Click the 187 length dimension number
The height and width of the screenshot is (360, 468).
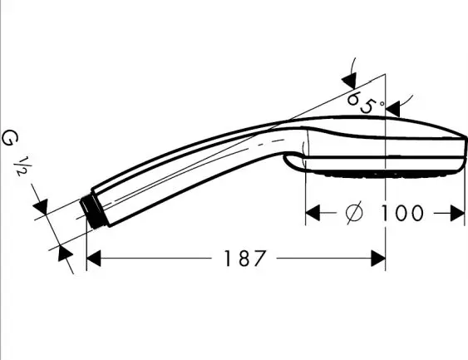(244, 259)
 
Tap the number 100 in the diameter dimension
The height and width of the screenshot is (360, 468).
(402, 213)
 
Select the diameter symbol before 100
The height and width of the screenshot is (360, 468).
(355, 213)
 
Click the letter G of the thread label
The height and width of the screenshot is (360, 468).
(10, 139)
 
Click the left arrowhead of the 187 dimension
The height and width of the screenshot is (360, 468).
(93, 259)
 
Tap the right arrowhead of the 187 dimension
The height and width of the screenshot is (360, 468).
(378, 259)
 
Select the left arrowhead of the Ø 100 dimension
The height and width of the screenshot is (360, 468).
(313, 213)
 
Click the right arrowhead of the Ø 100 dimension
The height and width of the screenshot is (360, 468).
(457, 213)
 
